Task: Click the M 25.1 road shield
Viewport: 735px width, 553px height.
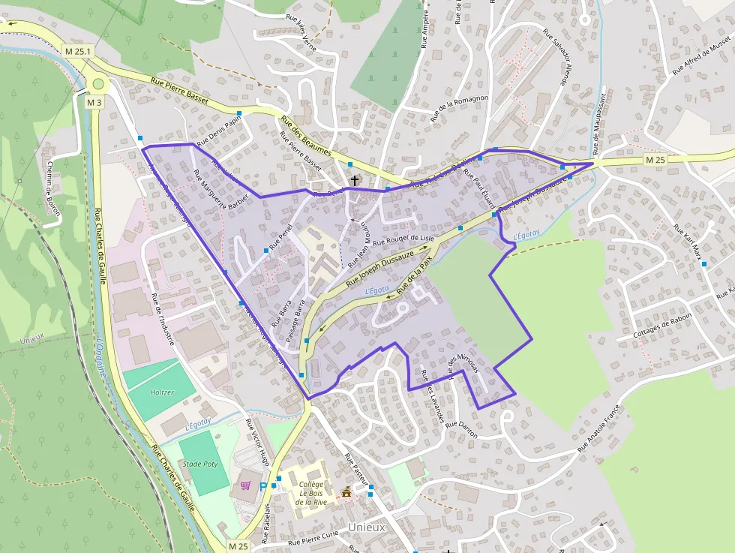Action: pyautogui.click(x=78, y=51)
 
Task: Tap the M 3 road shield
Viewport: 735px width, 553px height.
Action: pyautogui.click(x=94, y=102)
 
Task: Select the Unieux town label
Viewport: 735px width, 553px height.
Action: pyautogui.click(x=367, y=527)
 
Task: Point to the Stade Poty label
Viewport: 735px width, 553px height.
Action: pyautogui.click(x=200, y=464)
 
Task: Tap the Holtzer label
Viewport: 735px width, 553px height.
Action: pyautogui.click(x=162, y=392)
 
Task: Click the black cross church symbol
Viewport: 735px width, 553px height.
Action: pyautogui.click(x=355, y=181)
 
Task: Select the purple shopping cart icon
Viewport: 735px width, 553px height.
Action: pyautogui.click(x=245, y=485)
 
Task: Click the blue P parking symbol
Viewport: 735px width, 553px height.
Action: pyautogui.click(x=262, y=487)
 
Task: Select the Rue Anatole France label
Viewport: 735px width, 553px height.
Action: pyautogui.click(x=601, y=428)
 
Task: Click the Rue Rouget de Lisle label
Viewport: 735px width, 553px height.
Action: pyautogui.click(x=403, y=240)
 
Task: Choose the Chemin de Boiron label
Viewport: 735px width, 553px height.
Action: pyautogui.click(x=53, y=188)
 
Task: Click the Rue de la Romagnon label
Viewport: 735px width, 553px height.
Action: pyautogui.click(x=460, y=108)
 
